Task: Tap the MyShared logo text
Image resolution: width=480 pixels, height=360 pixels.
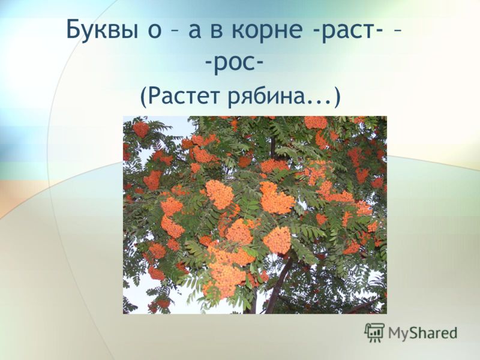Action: pyautogui.click(x=423, y=333)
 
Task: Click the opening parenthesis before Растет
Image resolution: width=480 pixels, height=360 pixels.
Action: pyautogui.click(x=144, y=97)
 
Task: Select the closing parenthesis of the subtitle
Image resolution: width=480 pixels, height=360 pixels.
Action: pyautogui.click(x=337, y=97)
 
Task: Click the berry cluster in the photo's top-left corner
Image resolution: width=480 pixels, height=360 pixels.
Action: pyautogui.click(x=140, y=129)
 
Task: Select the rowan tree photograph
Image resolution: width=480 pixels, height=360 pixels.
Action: pyautogui.click(x=255, y=215)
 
